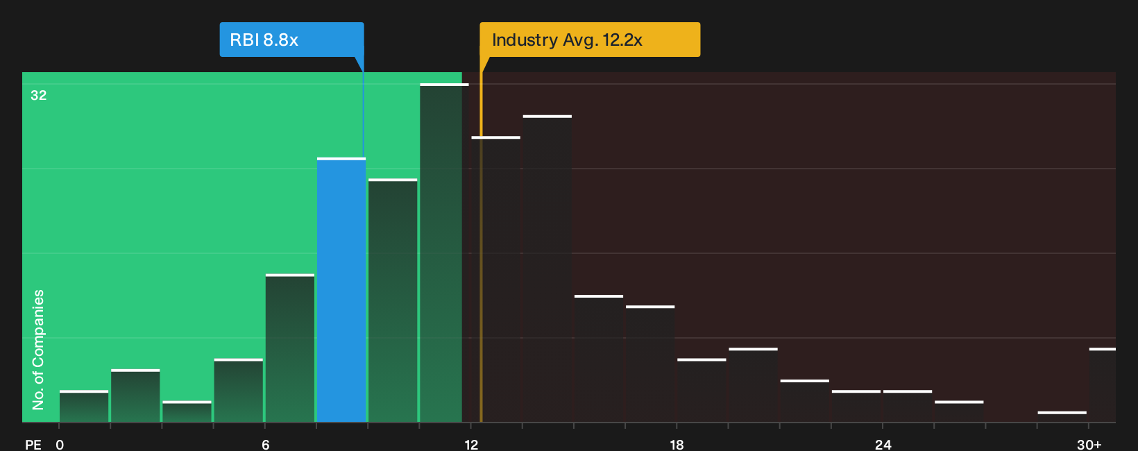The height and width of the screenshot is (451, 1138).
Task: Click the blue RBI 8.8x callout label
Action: tap(291, 40)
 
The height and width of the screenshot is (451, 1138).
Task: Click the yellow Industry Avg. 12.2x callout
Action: tap(590, 40)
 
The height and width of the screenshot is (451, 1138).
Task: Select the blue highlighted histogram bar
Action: tap(341, 290)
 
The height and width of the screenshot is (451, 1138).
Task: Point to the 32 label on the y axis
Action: tap(39, 96)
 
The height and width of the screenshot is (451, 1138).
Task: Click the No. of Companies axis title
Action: tap(38, 350)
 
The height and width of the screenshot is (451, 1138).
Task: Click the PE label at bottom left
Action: tap(33, 445)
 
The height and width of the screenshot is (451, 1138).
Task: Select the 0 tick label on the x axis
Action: tap(60, 445)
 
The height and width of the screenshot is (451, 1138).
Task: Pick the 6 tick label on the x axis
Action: tap(265, 445)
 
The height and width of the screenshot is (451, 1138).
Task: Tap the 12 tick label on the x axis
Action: tap(471, 445)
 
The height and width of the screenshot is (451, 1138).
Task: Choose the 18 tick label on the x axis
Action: tap(677, 445)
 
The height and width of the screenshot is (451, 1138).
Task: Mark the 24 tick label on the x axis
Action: tap(883, 445)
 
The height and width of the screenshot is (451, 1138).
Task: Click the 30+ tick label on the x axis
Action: tap(1089, 445)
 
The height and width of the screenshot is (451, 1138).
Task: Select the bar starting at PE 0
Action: tap(84, 407)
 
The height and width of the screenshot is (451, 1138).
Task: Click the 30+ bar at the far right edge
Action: tap(1103, 385)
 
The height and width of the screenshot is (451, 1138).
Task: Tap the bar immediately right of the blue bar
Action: tap(393, 300)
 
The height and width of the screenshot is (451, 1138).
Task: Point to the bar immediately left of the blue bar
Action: tap(290, 348)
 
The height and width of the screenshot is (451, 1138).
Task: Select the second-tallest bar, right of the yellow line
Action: tap(547, 269)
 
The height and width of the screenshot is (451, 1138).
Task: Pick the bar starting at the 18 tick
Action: tap(702, 390)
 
